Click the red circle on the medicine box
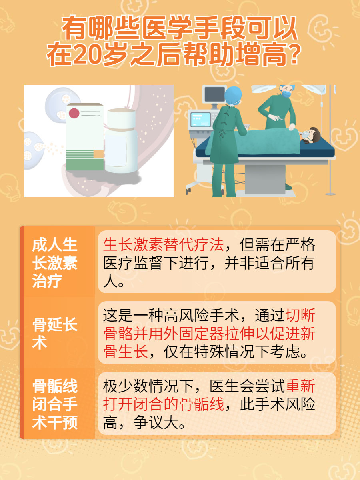click(x=74, y=113)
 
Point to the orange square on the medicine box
click(x=98, y=154)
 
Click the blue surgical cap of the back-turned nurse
click(x=233, y=96)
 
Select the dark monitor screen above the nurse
click(x=215, y=94)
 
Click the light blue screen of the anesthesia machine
click(x=200, y=120)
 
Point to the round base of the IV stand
click(x=330, y=194)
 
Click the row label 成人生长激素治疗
click(x=55, y=263)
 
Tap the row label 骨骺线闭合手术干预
click(x=55, y=404)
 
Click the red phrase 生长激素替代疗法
click(x=163, y=244)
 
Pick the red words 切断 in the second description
click(x=300, y=315)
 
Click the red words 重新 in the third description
click(x=300, y=386)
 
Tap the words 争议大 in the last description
click(x=156, y=422)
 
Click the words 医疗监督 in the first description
click(x=133, y=263)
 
